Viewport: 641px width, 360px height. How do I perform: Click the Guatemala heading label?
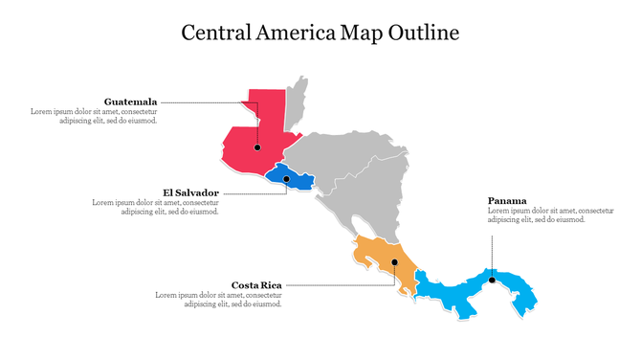[131, 101]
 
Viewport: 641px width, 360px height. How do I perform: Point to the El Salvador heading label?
[191, 191]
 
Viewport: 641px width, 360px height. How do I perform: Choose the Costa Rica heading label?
[256, 284]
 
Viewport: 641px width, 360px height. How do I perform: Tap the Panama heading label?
[507, 200]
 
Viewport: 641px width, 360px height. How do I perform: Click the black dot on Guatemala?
[257, 147]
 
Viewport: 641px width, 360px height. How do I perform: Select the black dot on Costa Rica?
[394, 261]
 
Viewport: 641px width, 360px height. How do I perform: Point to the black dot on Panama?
[492, 281]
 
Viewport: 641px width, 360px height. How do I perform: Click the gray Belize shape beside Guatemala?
[298, 105]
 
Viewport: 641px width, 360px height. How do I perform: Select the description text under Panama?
[550, 215]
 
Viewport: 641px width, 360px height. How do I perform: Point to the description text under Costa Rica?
[218, 300]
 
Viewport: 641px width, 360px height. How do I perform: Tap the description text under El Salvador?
[155, 207]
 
